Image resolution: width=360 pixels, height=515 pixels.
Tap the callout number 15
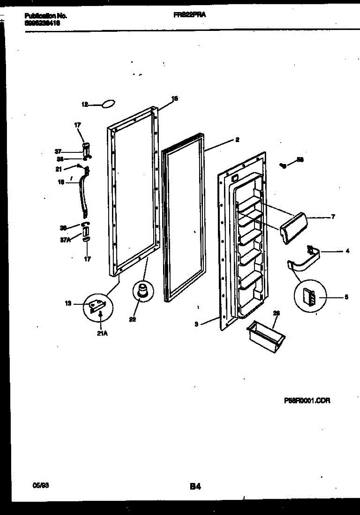click(175, 98)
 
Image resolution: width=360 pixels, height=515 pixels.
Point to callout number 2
click(237, 139)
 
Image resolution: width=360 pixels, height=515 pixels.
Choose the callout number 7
click(333, 217)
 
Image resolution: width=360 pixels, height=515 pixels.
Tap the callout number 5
click(346, 296)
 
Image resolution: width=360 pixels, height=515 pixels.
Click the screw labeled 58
click(283, 165)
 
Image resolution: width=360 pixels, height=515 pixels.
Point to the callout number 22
click(133, 319)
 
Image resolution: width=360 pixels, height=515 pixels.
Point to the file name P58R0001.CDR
click(307, 400)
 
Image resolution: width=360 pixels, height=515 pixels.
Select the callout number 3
click(196, 324)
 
